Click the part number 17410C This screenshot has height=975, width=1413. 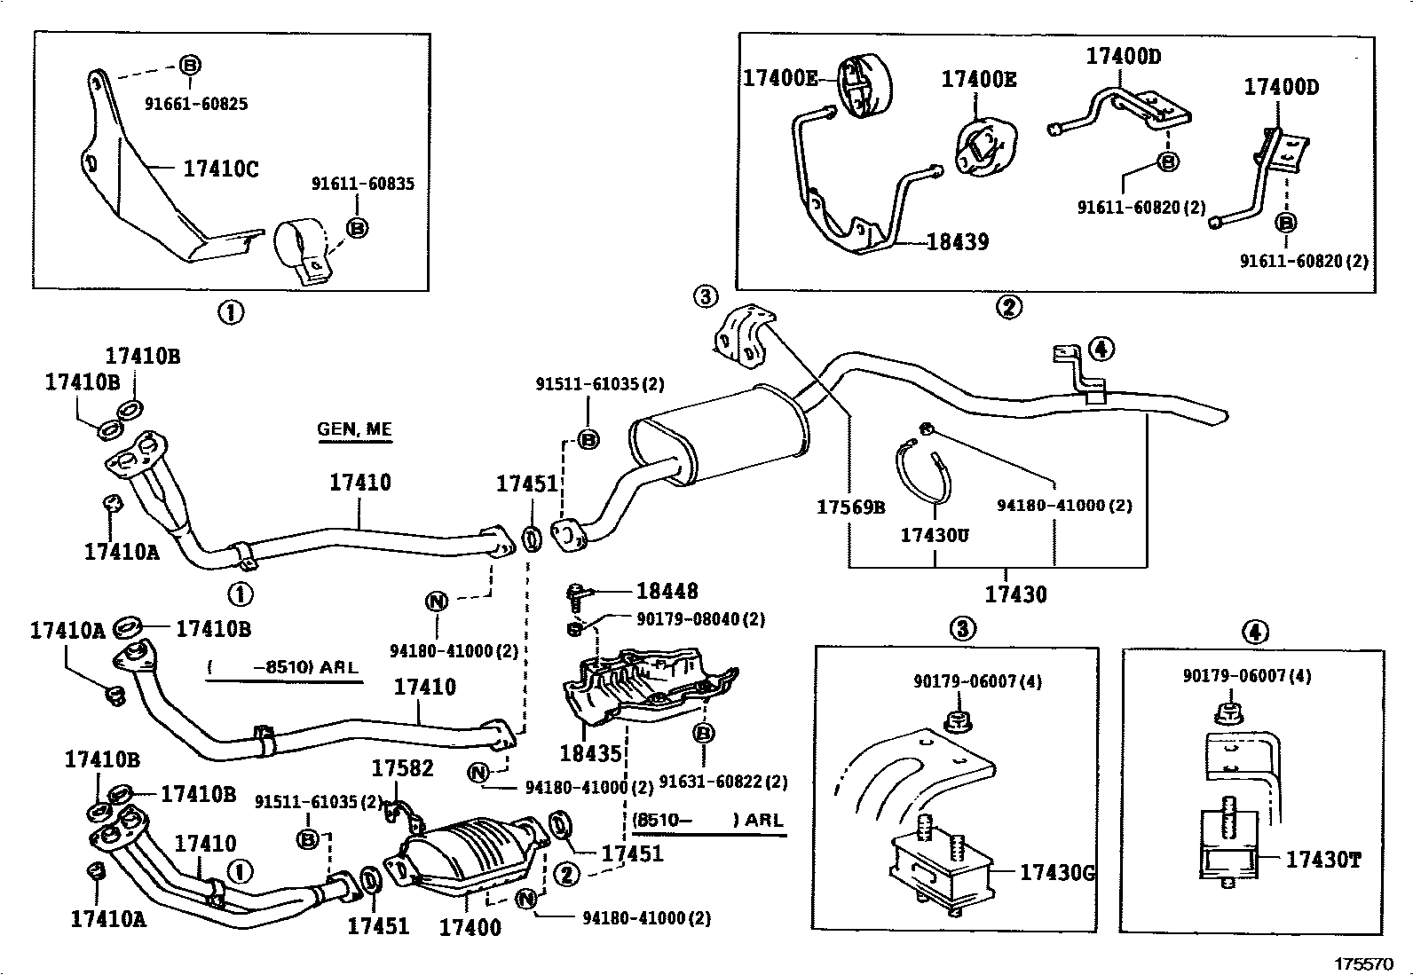[221, 168]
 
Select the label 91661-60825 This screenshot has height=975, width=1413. [196, 104]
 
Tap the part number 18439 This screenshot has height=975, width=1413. [958, 241]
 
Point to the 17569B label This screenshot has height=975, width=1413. [850, 507]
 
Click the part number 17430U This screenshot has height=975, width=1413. [935, 535]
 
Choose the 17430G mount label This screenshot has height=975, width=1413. [1056, 872]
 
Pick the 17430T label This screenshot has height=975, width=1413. [1322, 859]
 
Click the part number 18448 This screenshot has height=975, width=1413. [667, 591]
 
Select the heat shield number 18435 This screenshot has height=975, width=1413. [590, 753]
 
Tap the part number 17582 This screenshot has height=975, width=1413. [402, 767]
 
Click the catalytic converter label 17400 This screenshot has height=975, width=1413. [470, 927]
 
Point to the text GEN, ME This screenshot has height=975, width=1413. [354, 429]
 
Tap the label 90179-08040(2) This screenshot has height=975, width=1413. [700, 618]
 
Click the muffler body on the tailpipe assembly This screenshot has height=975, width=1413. [719, 439]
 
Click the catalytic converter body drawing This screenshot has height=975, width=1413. [470, 853]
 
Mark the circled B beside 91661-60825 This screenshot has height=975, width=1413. [190, 65]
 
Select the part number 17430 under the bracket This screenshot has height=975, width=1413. [1016, 594]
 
